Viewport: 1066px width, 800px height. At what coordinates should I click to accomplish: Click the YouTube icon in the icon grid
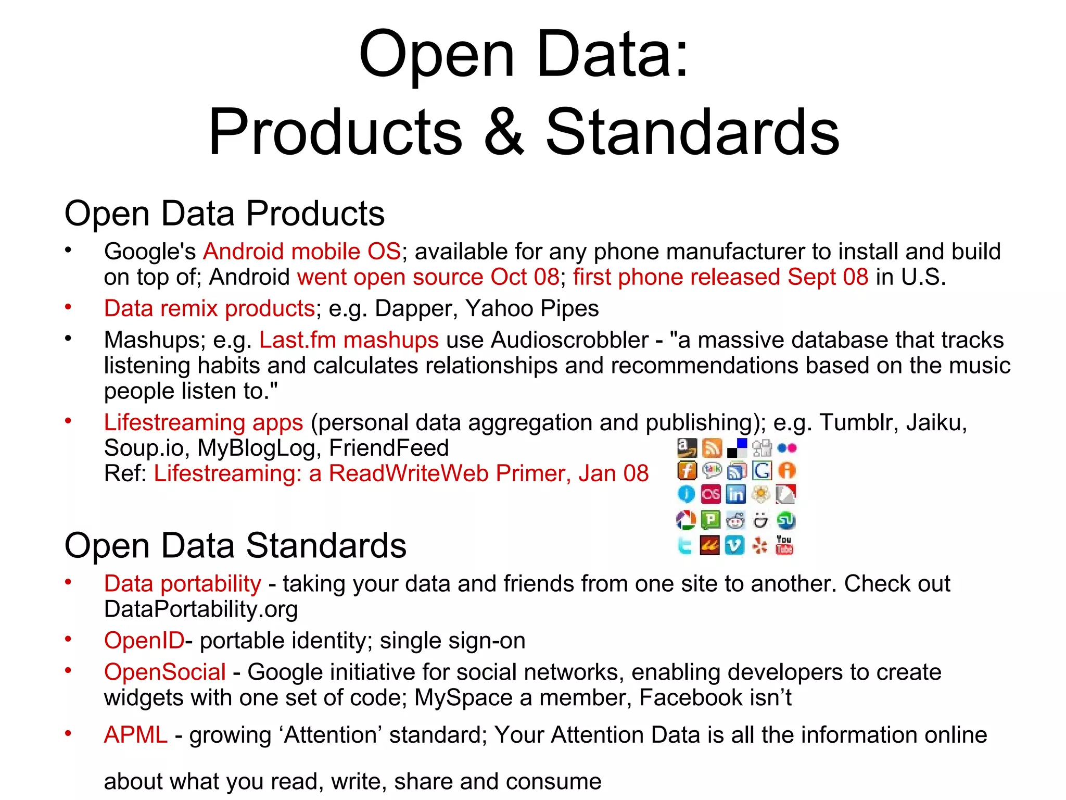784,545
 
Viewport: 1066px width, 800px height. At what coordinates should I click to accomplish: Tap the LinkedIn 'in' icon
735,494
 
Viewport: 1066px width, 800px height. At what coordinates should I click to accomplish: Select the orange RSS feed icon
712,447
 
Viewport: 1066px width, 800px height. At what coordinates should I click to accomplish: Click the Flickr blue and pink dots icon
786,448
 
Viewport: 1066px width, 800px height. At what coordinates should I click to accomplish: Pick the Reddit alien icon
735,520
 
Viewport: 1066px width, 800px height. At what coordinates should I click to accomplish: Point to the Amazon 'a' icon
687,447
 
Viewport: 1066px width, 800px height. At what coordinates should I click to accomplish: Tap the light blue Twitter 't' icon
685,545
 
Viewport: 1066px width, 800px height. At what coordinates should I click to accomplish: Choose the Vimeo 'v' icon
734,545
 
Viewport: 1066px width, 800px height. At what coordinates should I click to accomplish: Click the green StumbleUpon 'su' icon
785,520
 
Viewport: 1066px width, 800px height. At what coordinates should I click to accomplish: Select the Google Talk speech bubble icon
712,471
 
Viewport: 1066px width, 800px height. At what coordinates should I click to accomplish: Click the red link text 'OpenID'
144,641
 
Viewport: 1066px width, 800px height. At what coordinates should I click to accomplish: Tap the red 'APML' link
135,735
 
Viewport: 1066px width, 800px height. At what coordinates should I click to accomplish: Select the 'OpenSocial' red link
165,672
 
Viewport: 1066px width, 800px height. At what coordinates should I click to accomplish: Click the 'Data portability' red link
182,583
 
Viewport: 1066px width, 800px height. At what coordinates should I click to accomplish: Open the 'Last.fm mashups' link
349,340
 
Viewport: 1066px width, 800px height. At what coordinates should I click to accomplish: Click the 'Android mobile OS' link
302,252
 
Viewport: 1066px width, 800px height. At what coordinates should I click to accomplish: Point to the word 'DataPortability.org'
201,609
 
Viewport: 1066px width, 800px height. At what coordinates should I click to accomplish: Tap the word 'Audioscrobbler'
569,340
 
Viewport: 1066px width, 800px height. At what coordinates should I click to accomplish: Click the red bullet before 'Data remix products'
68,307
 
